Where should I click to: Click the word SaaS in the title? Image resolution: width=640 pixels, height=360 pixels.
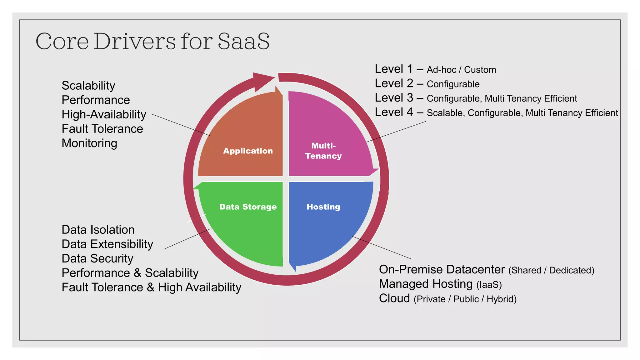[x=243, y=41]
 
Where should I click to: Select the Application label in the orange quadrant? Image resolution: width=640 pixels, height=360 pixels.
[x=248, y=151]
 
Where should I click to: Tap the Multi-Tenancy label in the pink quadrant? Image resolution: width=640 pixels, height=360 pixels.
[x=323, y=151]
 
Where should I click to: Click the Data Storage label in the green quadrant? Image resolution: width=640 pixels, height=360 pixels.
[x=248, y=207]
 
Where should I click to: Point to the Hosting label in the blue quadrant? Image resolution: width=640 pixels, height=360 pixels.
[x=323, y=207]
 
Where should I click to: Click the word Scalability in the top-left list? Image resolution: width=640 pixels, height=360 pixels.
[x=88, y=86]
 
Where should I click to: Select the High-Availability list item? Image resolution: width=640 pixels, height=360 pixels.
[x=104, y=114]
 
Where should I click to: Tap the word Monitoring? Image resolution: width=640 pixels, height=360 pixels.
[x=89, y=143]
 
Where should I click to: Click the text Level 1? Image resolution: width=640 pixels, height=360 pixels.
[x=394, y=69]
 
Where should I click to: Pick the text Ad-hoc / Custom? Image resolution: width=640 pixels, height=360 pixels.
[x=461, y=70]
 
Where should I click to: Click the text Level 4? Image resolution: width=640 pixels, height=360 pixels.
[x=394, y=112]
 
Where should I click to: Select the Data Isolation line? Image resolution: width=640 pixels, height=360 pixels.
[x=98, y=230]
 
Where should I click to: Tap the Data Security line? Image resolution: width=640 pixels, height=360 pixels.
[x=97, y=258]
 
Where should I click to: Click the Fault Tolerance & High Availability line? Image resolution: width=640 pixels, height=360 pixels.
[x=151, y=287]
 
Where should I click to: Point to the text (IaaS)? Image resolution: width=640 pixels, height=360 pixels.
[x=489, y=285]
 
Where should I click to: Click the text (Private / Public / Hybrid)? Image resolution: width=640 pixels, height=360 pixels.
[x=465, y=299]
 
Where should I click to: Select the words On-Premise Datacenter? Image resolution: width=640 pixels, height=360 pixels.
[x=442, y=269]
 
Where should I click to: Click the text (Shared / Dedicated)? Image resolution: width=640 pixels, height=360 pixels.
[x=551, y=270]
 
